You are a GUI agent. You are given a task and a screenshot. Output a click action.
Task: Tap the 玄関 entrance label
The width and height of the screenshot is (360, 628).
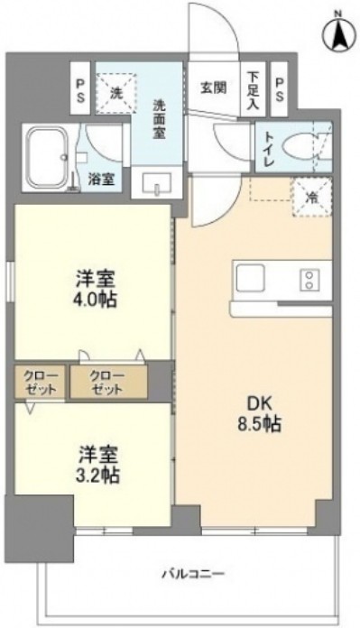tap(213, 88)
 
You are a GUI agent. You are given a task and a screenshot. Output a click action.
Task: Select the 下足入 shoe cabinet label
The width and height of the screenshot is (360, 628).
tap(254, 89)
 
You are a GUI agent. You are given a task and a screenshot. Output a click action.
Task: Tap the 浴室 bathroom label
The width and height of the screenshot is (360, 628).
tap(102, 178)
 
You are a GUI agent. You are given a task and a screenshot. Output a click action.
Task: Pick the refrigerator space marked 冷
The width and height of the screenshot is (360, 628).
tap(311, 191)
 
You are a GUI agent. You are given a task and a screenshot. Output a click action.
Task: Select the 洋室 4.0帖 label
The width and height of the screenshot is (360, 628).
tap(94, 287)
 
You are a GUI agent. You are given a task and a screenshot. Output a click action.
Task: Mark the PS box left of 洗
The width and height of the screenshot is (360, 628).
tap(82, 88)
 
